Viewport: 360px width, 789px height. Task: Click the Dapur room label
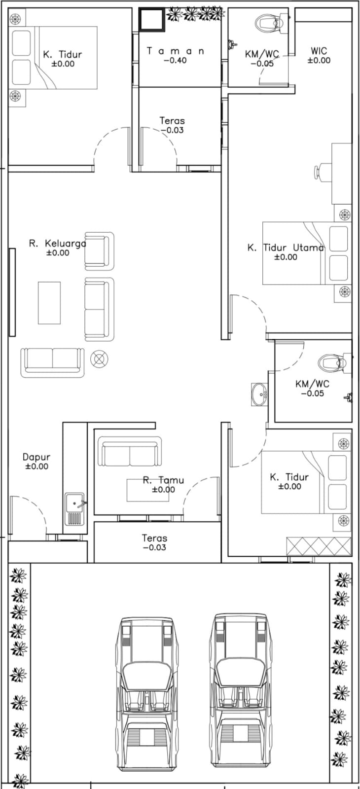point(36,457)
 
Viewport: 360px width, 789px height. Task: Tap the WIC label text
point(319,51)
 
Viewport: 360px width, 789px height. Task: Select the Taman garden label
point(176,51)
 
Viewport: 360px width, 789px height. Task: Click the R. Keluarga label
point(58,244)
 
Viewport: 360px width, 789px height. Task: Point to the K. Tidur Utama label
point(286,248)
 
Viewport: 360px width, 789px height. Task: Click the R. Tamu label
point(163,480)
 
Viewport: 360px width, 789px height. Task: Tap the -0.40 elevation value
point(176,60)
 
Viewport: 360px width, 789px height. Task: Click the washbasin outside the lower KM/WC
point(259,394)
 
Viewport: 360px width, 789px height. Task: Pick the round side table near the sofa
point(99,359)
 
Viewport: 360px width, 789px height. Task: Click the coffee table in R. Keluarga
point(49,303)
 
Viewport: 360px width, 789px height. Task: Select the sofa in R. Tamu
point(130,452)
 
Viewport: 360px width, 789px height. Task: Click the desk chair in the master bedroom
point(323,173)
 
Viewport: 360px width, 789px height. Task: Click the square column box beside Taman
point(151,20)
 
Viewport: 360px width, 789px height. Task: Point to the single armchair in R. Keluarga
point(99,251)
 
